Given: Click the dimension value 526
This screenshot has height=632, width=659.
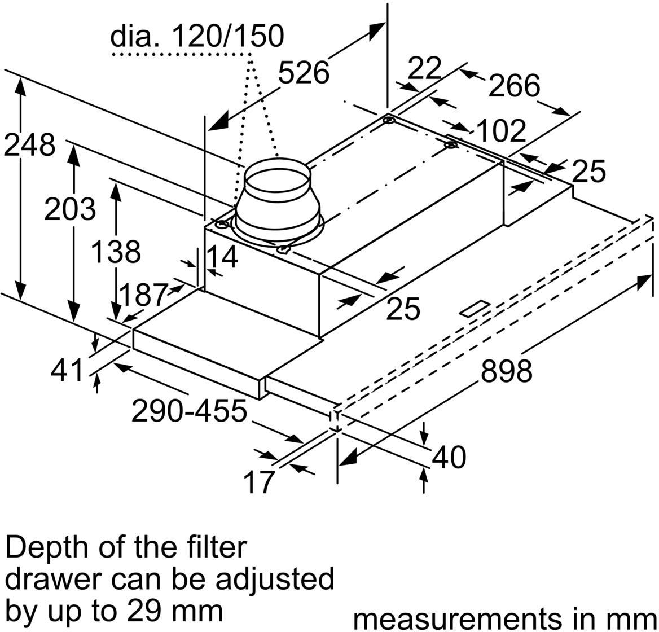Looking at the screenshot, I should tap(304, 73).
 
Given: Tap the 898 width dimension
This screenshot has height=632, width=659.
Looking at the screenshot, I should tap(506, 371).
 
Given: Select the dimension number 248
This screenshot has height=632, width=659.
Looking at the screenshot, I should tap(29, 146).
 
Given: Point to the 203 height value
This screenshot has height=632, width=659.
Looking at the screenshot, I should tap(70, 209).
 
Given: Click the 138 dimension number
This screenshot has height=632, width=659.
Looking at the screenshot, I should tap(116, 252).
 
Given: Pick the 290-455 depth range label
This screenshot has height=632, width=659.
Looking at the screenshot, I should tap(189, 411).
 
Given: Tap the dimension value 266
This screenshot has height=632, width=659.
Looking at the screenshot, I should tap(513, 85).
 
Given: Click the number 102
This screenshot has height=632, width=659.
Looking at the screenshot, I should tap(501, 131).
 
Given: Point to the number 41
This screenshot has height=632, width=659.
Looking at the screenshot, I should tap(67, 371).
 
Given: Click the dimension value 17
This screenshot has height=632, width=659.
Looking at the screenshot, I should tap(258, 482).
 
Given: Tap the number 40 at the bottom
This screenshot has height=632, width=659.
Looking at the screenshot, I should tap(449, 457).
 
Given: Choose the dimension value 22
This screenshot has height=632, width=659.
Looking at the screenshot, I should tap(424, 68).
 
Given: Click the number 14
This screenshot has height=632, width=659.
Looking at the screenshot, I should tap(221, 257).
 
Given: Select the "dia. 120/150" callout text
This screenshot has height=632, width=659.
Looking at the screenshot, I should tap(197, 37).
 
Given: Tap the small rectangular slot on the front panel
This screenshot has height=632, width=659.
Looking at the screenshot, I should tap(475, 308).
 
